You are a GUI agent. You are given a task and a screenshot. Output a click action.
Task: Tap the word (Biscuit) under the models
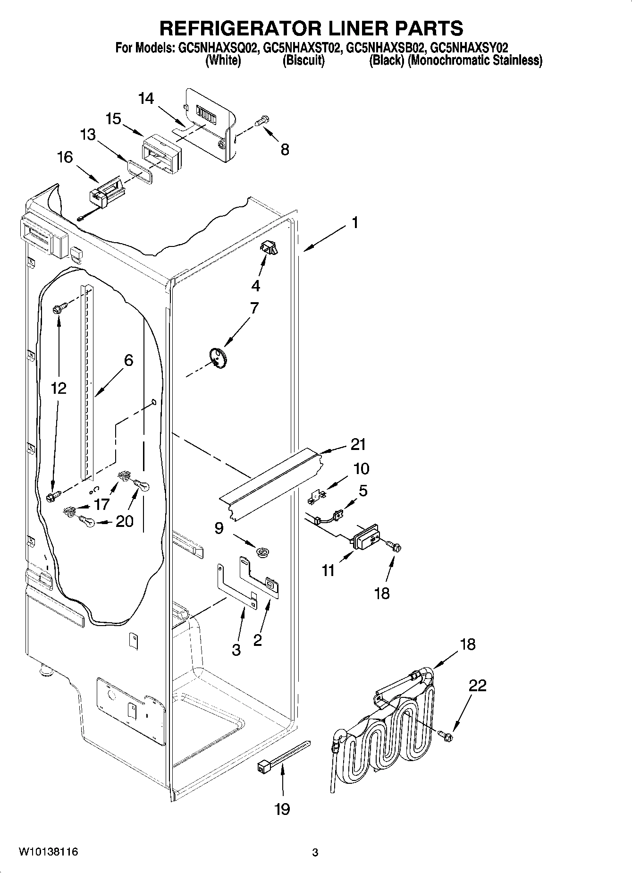click(303, 60)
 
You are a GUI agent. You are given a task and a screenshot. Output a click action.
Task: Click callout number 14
click(146, 99)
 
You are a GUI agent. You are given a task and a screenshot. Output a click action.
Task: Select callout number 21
click(358, 445)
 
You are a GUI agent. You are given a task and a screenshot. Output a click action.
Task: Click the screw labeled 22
click(445, 735)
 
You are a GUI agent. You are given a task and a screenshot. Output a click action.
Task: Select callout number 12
click(59, 388)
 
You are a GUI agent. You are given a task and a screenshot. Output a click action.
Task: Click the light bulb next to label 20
click(87, 522)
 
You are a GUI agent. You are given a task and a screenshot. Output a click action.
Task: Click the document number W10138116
click(48, 852)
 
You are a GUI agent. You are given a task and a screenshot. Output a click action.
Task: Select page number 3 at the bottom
click(315, 853)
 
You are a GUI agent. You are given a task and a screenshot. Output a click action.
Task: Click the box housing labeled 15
click(160, 152)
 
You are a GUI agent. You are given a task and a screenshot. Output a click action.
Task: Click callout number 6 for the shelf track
click(128, 361)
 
